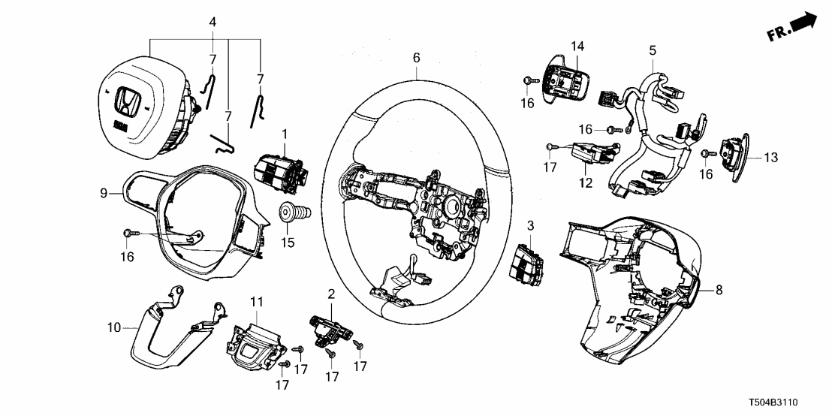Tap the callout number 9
click(105, 193)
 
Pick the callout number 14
click(577, 47)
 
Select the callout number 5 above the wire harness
click(652, 50)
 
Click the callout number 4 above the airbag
click(213, 23)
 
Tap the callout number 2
click(331, 292)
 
